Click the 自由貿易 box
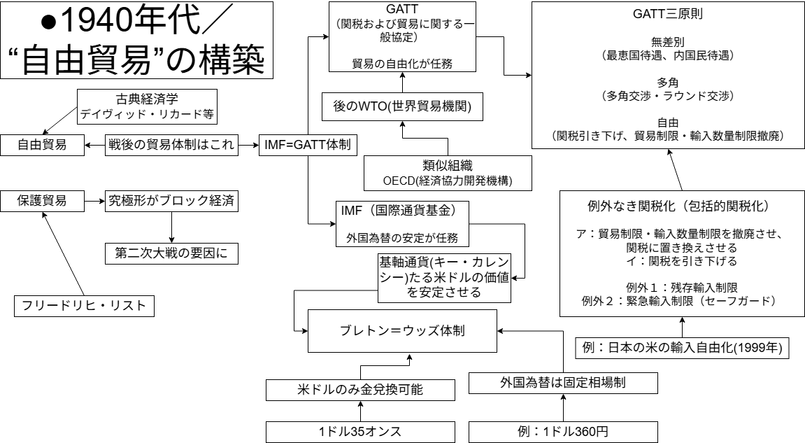point(42,145)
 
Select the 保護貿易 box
point(42,202)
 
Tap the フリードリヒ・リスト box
point(84,305)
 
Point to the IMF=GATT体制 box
point(308,145)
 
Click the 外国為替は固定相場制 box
point(564,383)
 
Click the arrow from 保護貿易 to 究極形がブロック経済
point(94,202)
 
